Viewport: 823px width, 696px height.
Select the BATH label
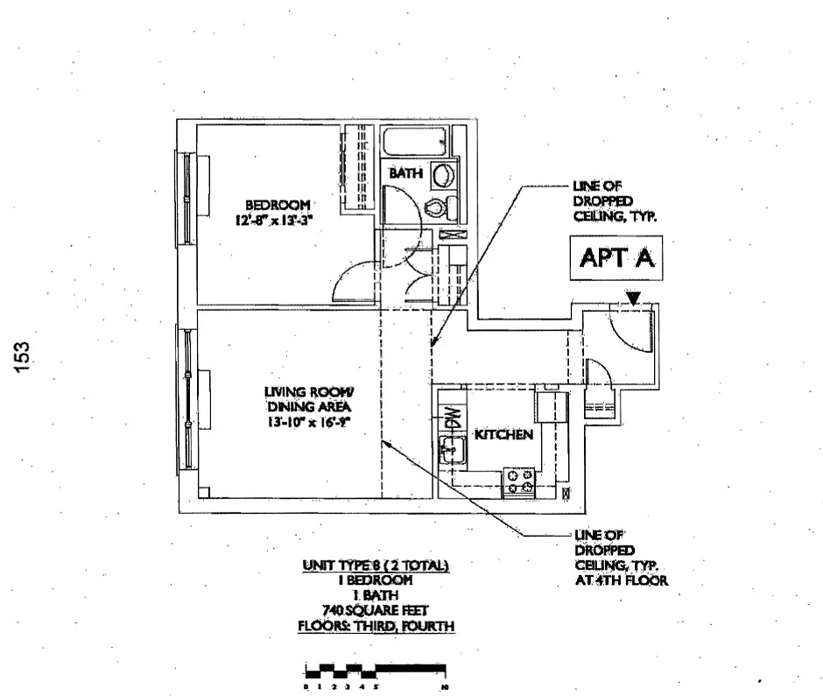(x=405, y=173)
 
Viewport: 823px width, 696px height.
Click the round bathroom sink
(x=444, y=173)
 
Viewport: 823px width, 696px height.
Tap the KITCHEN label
(x=503, y=434)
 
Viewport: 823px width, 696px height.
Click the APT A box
(x=617, y=258)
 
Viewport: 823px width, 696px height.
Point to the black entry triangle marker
(x=633, y=299)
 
